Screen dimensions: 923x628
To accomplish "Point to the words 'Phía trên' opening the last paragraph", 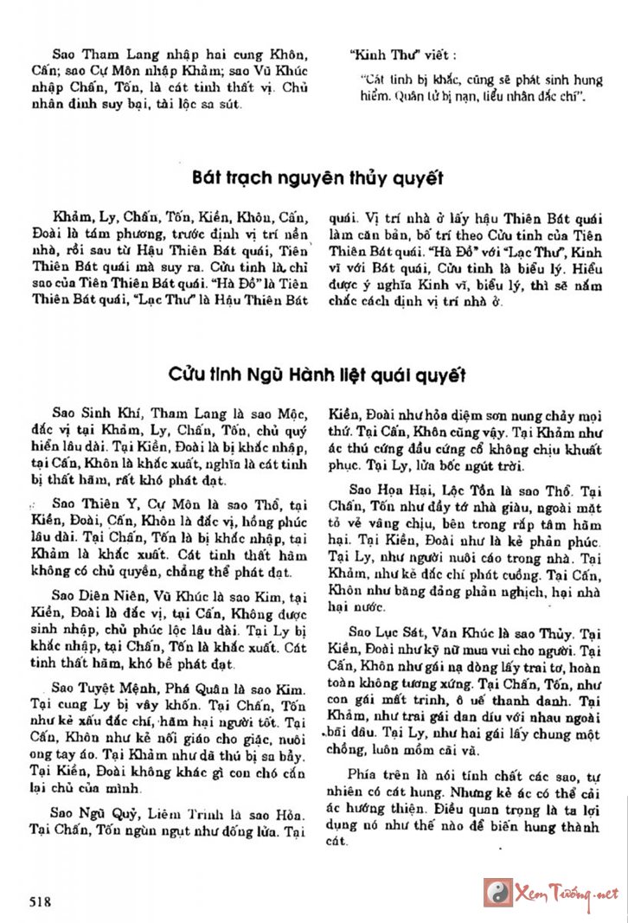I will click(378, 772).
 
